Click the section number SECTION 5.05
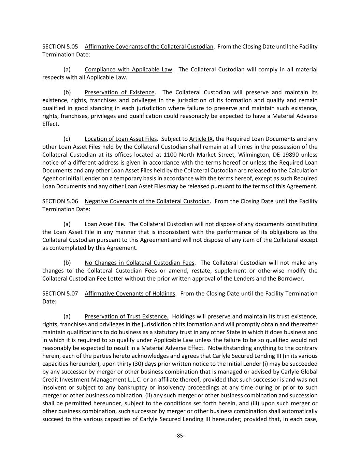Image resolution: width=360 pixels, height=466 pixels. click(60, 46)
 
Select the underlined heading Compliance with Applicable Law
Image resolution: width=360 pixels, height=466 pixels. click(128, 69)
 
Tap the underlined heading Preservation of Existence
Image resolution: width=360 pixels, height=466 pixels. click(119, 92)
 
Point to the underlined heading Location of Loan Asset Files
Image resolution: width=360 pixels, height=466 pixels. click(120, 139)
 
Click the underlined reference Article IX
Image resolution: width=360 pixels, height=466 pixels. click(201, 139)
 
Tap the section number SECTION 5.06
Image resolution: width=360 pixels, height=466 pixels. click(60, 201)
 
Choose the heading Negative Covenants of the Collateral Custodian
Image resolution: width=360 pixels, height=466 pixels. click(147, 201)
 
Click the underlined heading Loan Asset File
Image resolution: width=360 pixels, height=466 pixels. click(104, 224)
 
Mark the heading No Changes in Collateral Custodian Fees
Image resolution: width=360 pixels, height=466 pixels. click(140, 263)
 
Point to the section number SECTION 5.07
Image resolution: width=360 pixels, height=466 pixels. click(60, 293)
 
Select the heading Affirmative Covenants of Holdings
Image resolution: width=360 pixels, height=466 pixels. click(130, 293)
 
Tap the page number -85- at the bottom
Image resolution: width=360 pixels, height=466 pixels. click(180, 435)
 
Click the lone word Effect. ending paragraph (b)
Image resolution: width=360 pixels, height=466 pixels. click(51, 124)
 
